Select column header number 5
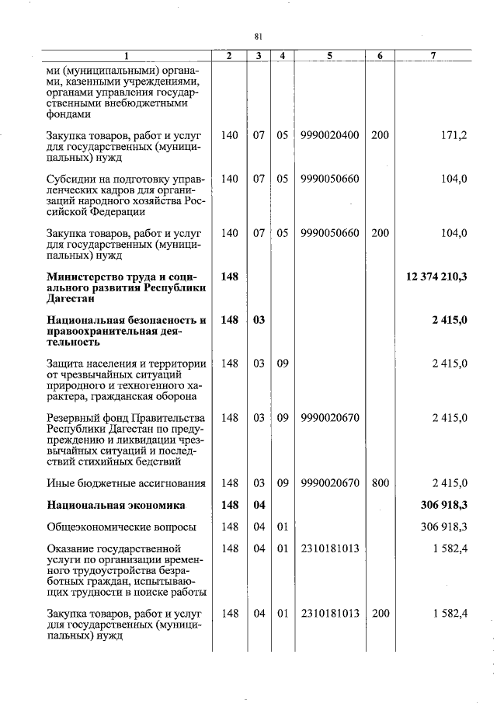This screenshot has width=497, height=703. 330,56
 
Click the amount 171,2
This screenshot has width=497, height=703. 454,135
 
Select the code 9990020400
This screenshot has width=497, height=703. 330,135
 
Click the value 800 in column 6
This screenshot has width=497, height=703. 380,483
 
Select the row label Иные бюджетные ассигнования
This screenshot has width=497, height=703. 126,483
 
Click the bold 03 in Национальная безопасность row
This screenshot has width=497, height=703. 259,320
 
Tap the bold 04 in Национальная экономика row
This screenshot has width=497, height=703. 259,506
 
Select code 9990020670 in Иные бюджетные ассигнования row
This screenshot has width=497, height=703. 330,483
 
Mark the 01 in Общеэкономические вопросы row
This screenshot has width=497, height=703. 282,527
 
